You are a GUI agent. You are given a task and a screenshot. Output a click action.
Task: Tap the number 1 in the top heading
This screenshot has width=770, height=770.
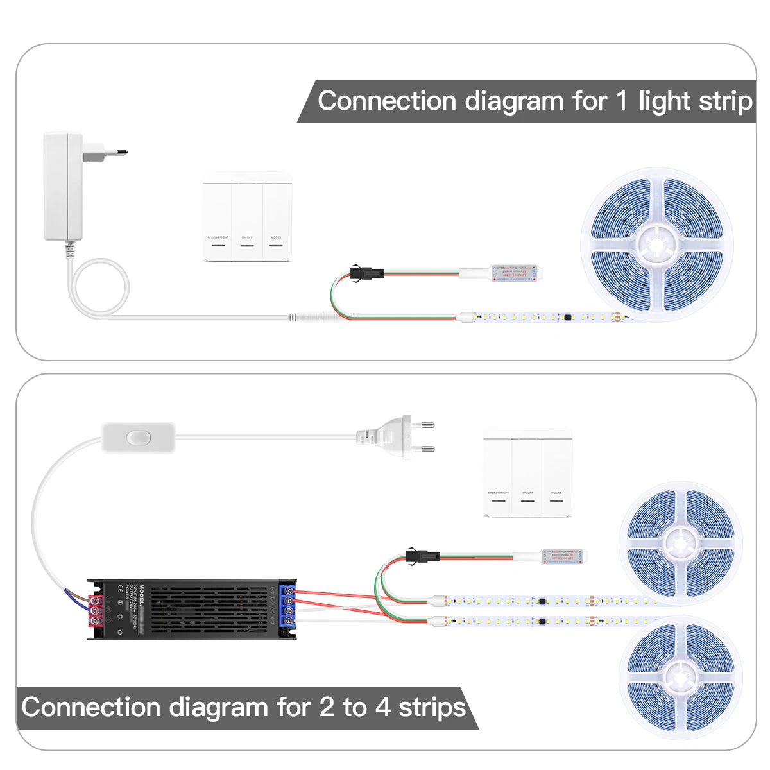[620, 101]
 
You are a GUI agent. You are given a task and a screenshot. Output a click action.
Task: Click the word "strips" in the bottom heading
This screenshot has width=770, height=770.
[432, 707]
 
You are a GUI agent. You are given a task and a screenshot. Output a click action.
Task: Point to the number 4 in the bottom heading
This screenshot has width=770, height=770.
[383, 707]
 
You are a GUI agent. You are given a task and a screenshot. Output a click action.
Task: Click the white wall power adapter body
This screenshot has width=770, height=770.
[62, 186]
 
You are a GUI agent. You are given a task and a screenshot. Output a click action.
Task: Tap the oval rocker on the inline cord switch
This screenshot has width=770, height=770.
[138, 438]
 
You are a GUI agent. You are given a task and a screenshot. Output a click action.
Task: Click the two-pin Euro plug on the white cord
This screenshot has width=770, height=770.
[398, 436]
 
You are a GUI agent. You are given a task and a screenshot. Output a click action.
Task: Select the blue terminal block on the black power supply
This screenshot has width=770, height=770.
[287, 606]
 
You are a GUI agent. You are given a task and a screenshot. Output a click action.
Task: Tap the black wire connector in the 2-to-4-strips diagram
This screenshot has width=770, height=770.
[415, 554]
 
